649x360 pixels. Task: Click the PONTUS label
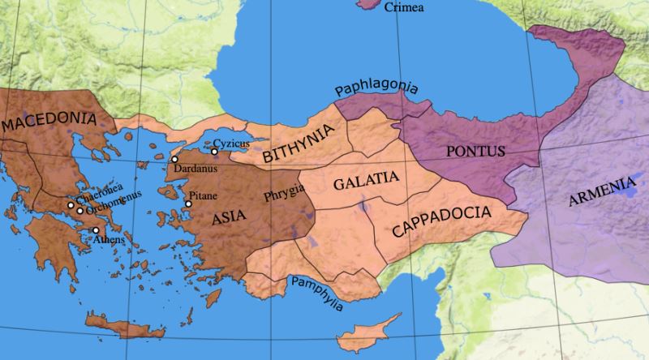click(x=476, y=151)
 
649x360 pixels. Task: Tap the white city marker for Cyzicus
click(x=214, y=152)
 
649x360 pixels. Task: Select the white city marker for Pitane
click(x=188, y=204)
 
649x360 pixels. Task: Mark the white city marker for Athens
click(x=96, y=230)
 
